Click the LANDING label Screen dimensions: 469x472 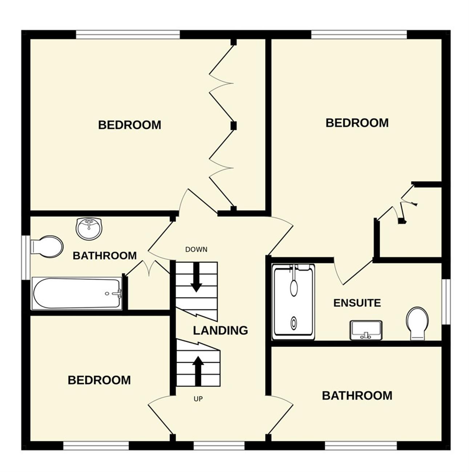pos(220,330)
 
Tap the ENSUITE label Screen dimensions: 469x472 pos(357,303)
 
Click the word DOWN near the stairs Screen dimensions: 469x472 pos(196,249)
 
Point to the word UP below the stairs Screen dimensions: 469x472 pos(198,399)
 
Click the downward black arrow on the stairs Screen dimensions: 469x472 pos(196,277)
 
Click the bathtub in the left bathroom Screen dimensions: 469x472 pos(77,293)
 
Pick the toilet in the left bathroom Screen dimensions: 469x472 pos(47,247)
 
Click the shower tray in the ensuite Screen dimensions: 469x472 pos(294,302)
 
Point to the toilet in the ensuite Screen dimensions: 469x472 pos(417,324)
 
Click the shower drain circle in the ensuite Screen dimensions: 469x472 pos(294,322)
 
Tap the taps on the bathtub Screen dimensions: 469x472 pos(117,293)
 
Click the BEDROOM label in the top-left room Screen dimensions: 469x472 pos(129,125)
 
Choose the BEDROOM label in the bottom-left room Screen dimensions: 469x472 pos(99,380)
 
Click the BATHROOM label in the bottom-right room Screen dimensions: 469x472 pos(357,396)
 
